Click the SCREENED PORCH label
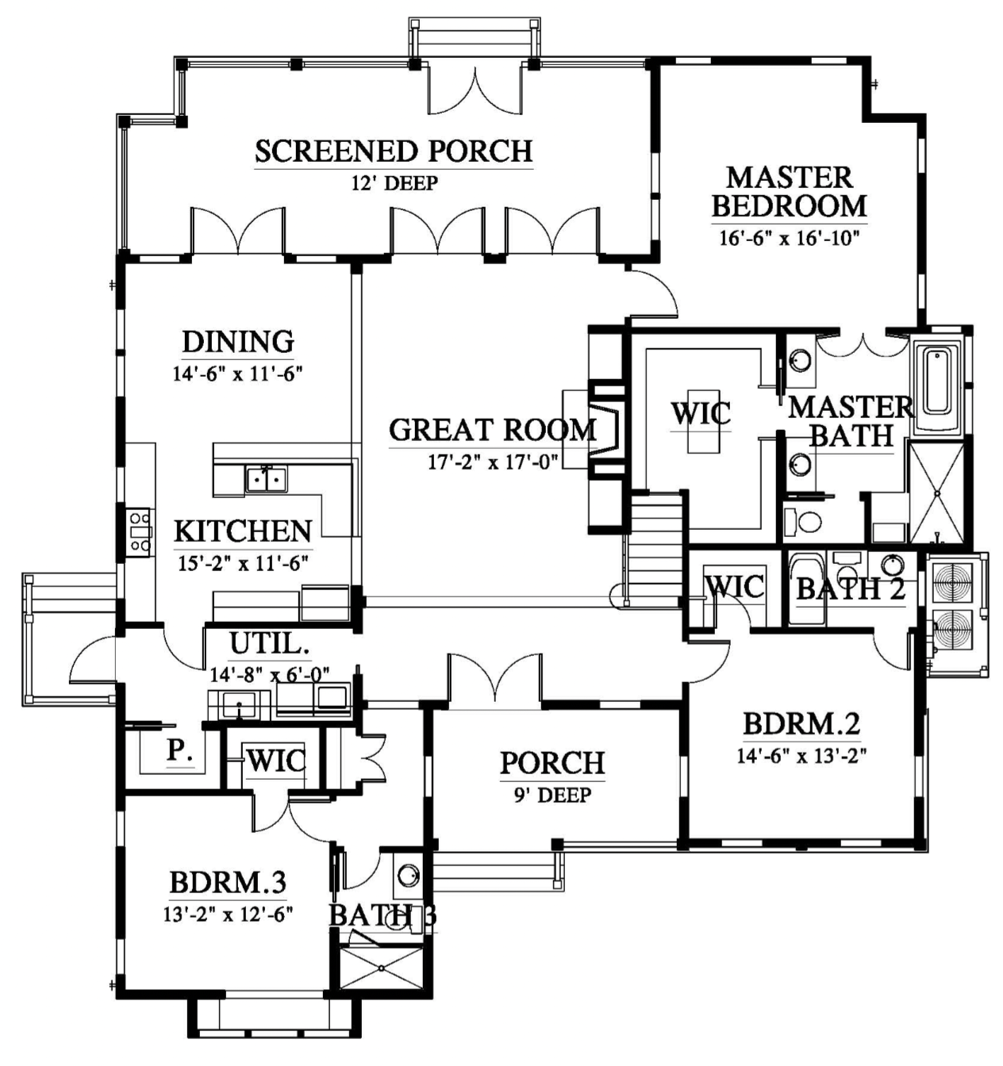tap(394, 151)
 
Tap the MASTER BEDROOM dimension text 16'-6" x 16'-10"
tap(790, 237)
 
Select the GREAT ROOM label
tap(493, 429)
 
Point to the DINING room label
tap(238, 341)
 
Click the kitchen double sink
tap(267, 479)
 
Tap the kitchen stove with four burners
tap(140, 532)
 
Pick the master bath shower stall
tap(938, 492)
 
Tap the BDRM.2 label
tap(801, 723)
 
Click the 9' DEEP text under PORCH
tap(553, 795)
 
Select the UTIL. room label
tap(270, 643)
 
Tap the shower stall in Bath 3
tap(382, 968)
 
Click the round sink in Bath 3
tap(408, 876)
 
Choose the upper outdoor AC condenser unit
tap(953, 581)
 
